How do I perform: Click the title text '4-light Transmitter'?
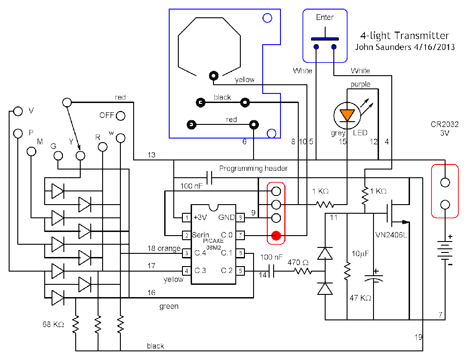tap(405, 36)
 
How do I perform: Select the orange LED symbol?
tap(348, 114)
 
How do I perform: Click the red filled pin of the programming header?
tap(275, 236)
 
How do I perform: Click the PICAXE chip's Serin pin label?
tap(201, 235)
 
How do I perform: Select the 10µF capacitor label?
tap(359, 253)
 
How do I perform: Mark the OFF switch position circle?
tap(120, 116)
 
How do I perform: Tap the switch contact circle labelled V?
tap(18, 111)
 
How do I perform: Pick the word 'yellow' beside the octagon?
tap(244, 80)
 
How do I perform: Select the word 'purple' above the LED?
tap(360, 84)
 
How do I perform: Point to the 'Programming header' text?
tap(254, 169)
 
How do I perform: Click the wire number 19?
tap(419, 338)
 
